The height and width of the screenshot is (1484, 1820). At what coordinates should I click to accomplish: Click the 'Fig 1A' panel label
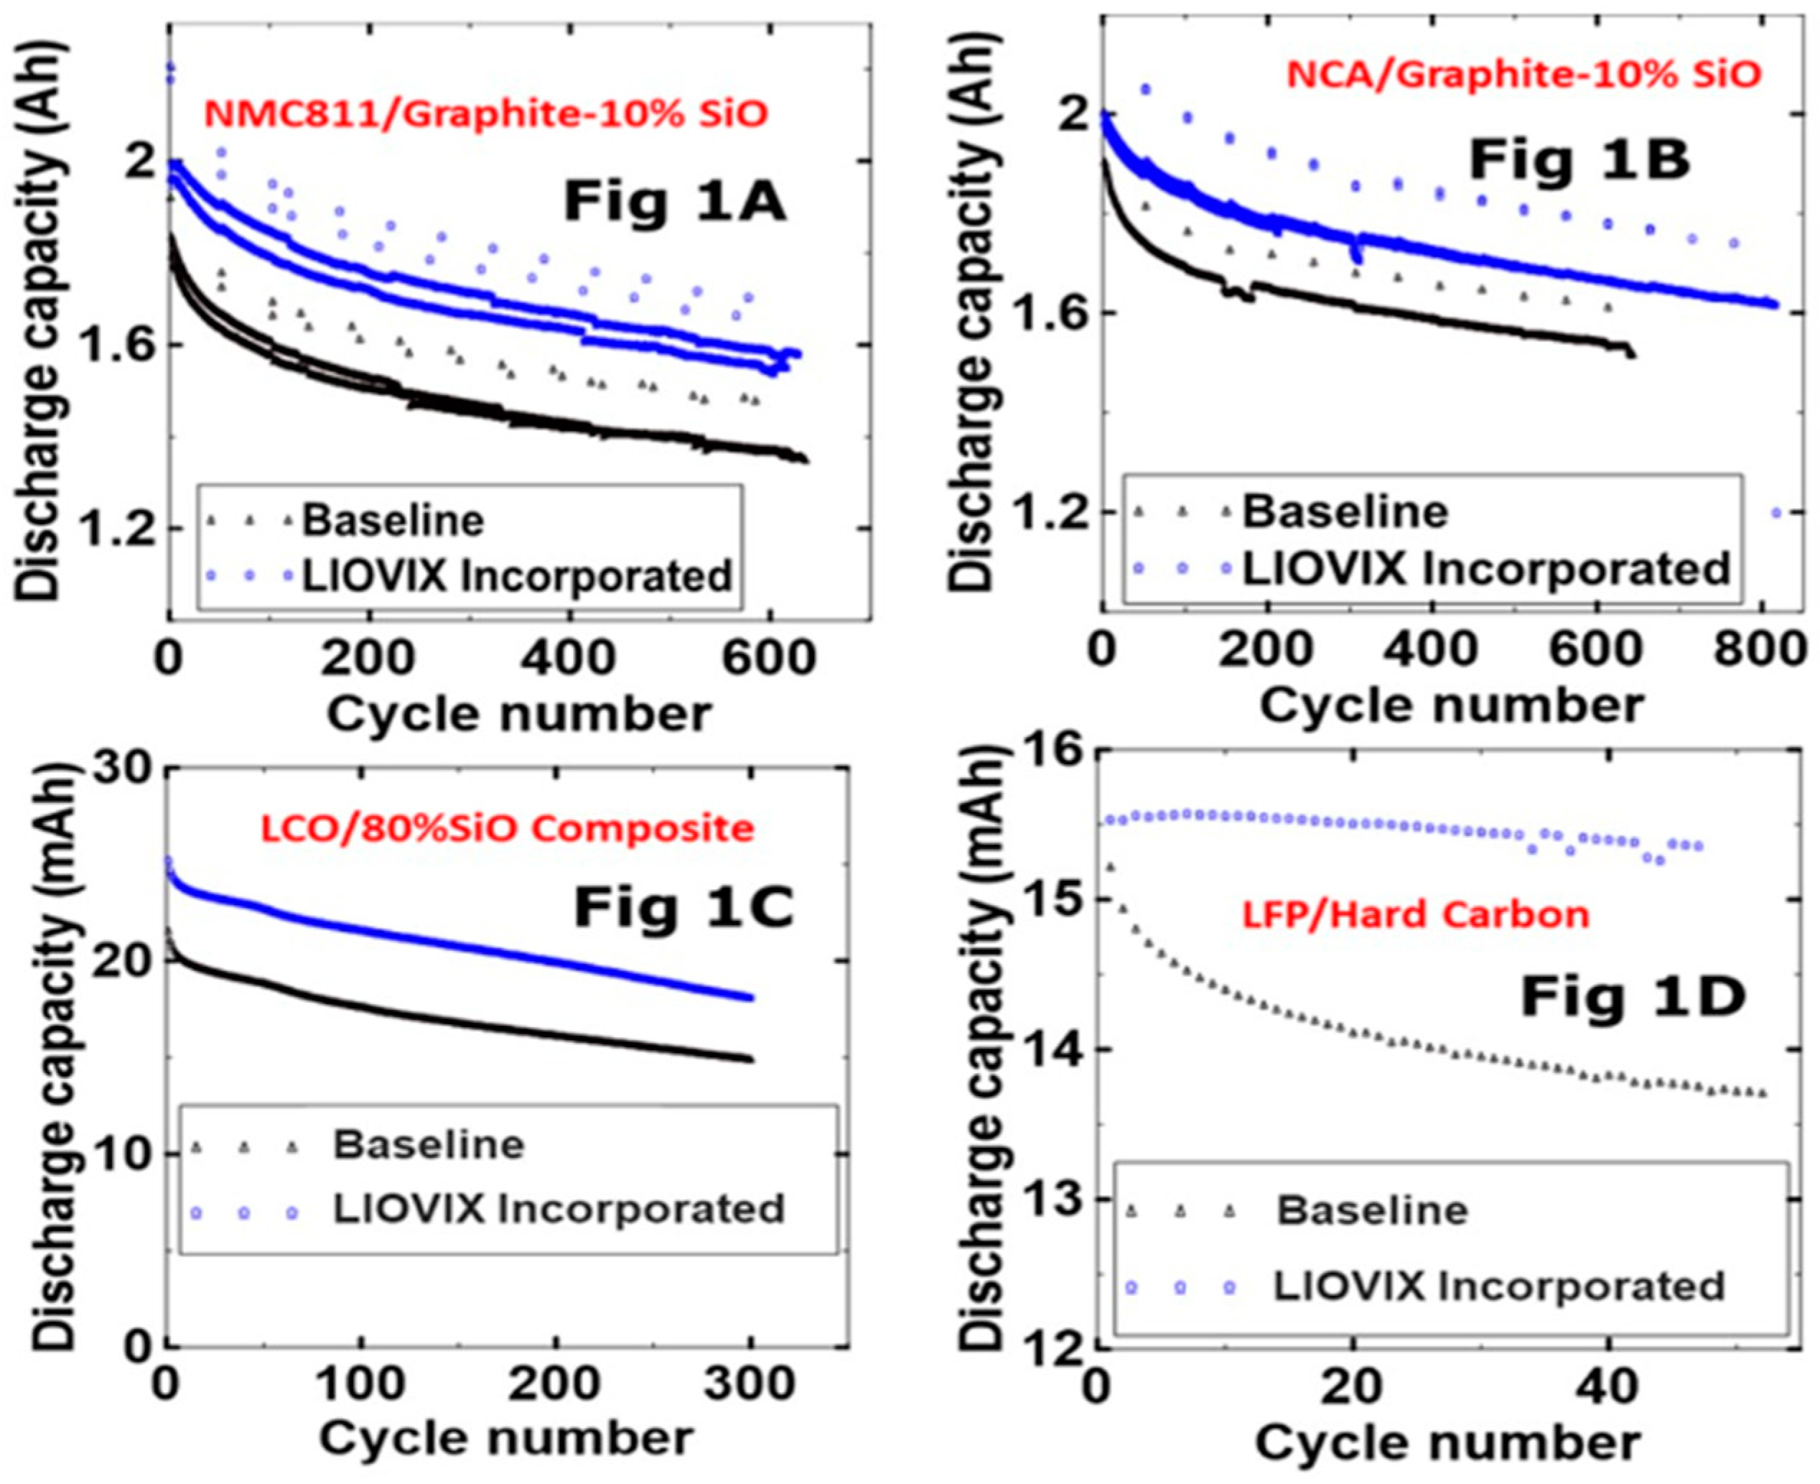674,203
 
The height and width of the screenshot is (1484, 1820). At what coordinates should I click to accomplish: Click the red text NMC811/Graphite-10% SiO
485,113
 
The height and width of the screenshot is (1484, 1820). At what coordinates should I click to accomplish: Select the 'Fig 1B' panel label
1579,160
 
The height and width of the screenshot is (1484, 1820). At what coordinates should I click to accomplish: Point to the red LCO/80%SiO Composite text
508,828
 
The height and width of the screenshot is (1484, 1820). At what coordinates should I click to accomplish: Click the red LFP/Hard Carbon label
1415,916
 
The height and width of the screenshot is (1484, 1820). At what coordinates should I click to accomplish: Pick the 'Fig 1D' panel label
1632,998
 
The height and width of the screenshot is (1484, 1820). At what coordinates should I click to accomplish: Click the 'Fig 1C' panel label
683,907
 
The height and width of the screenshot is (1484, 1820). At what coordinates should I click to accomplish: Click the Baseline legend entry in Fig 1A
393,520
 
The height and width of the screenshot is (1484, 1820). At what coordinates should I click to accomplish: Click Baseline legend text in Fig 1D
1372,1210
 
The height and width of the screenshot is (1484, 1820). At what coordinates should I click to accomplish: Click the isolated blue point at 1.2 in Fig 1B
1777,513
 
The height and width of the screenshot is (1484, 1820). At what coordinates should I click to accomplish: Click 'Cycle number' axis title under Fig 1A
518,714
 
